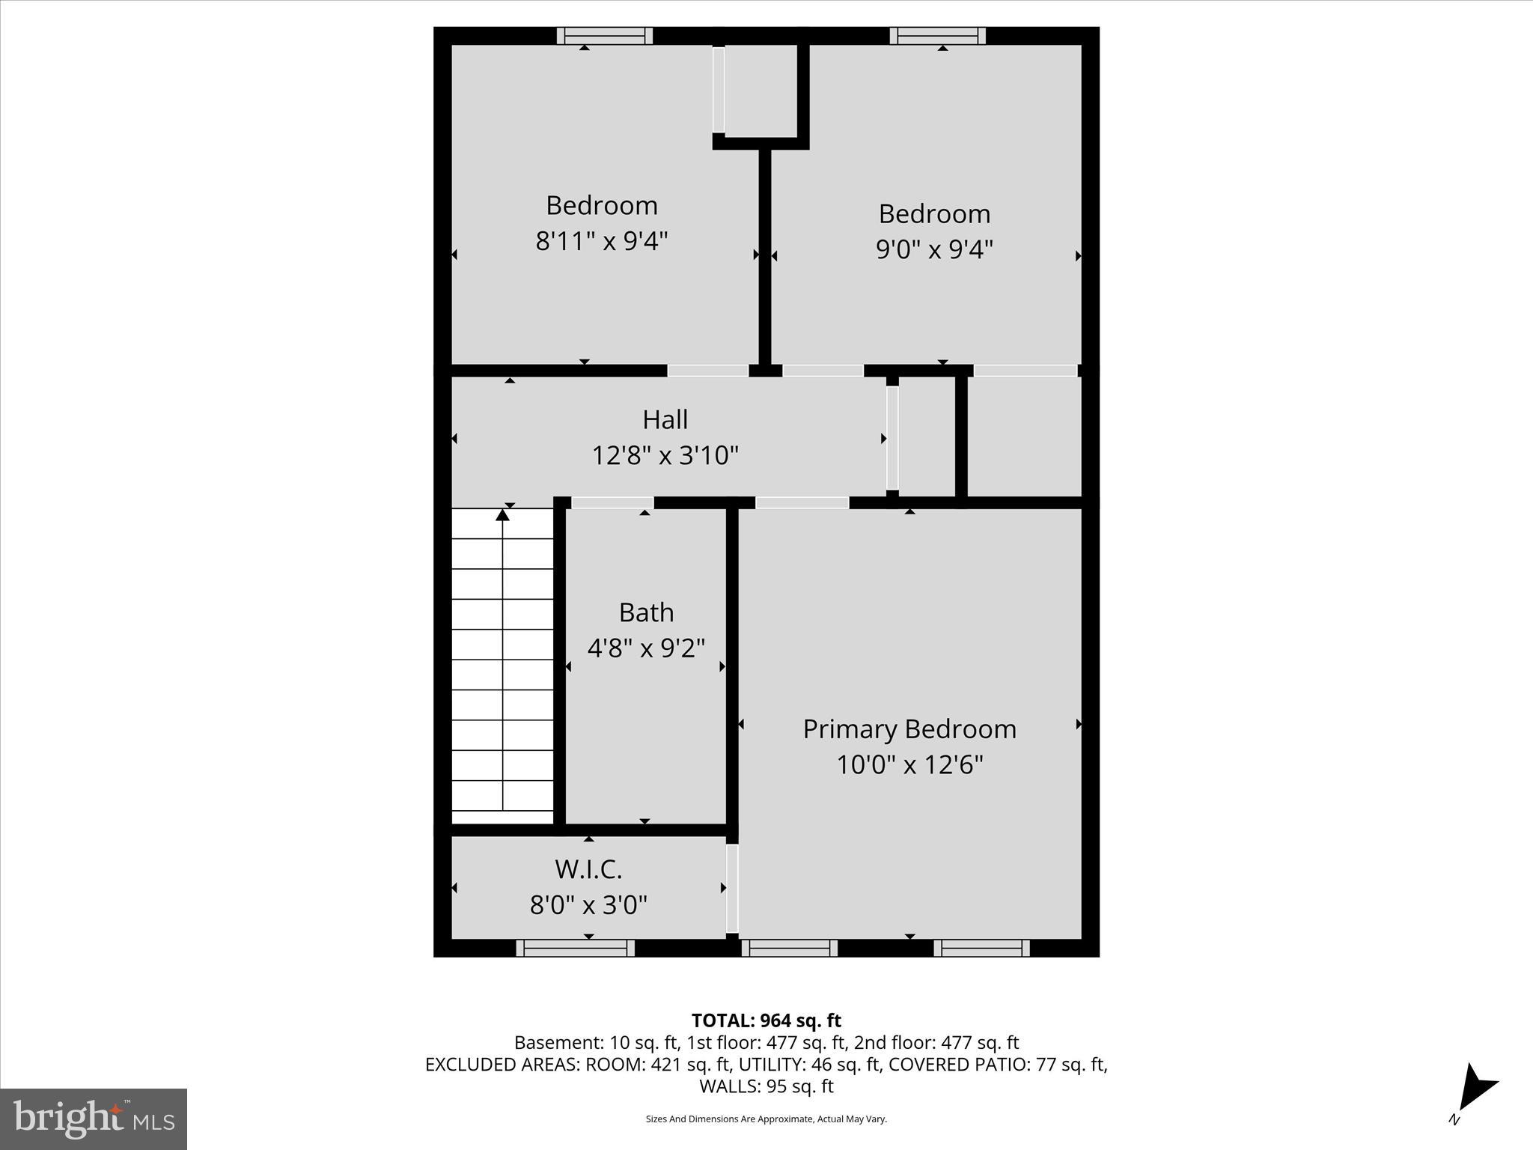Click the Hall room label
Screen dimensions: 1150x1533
(665, 419)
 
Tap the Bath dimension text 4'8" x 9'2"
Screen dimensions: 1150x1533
(646, 648)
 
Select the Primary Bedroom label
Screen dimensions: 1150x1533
(909, 729)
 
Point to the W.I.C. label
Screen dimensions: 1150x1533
(588, 869)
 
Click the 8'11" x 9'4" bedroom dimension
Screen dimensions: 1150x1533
(602, 241)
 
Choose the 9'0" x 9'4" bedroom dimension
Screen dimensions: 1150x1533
(934, 249)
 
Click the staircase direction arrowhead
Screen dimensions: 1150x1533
(503, 514)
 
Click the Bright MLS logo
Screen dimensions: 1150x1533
(94, 1119)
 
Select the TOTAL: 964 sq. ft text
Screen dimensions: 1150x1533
(766, 1020)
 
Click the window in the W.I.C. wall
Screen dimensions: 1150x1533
(575, 948)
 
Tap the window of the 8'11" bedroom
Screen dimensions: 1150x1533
(605, 35)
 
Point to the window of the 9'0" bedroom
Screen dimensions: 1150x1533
(937, 35)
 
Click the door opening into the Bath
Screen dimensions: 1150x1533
(612, 503)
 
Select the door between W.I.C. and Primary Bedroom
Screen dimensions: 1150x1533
(732, 888)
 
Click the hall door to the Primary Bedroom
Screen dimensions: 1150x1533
(802, 503)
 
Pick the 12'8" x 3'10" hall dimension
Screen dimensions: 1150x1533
(665, 455)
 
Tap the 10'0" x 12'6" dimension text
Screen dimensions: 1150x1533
(909, 765)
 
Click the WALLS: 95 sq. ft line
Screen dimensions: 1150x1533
(766, 1086)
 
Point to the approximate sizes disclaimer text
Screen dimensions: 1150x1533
(766, 1119)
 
